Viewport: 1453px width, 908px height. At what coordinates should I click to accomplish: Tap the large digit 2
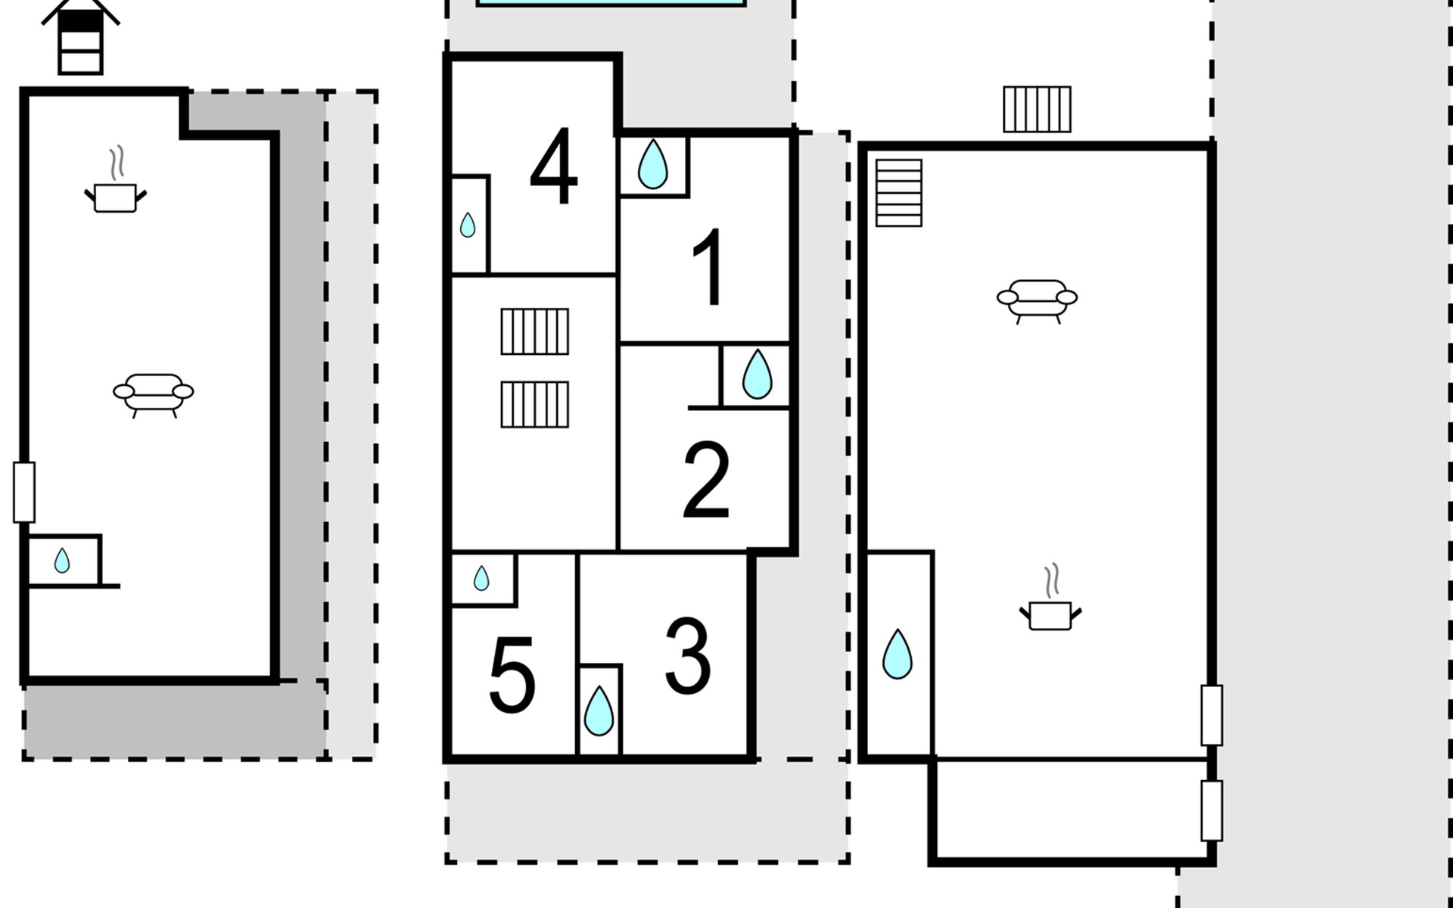(x=705, y=480)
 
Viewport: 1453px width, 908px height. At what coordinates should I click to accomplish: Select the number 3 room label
(x=687, y=655)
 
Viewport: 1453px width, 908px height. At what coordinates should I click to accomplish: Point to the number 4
(x=553, y=166)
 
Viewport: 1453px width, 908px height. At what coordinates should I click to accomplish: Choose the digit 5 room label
(x=512, y=674)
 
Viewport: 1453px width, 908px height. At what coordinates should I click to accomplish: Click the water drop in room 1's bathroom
(x=653, y=164)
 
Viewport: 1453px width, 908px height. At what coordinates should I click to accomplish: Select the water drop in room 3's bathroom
(x=599, y=711)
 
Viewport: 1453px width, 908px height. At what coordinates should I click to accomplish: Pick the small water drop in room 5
(x=481, y=579)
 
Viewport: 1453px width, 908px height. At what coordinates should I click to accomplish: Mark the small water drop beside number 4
(x=468, y=225)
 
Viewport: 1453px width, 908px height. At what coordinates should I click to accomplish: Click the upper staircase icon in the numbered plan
(x=534, y=331)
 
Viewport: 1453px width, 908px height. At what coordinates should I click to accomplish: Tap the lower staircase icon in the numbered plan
(x=534, y=404)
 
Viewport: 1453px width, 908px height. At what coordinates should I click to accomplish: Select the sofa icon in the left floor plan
(x=154, y=393)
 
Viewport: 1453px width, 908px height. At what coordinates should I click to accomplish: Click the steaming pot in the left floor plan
(x=115, y=187)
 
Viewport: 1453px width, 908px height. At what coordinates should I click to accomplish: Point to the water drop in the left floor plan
(x=62, y=561)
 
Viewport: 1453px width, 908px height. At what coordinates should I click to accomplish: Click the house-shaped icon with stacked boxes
(x=80, y=38)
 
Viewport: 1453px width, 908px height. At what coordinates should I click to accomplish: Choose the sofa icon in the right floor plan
(x=1037, y=300)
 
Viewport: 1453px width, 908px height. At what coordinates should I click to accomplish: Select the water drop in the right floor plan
(x=898, y=654)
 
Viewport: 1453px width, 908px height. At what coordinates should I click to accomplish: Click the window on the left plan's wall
(x=24, y=492)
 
